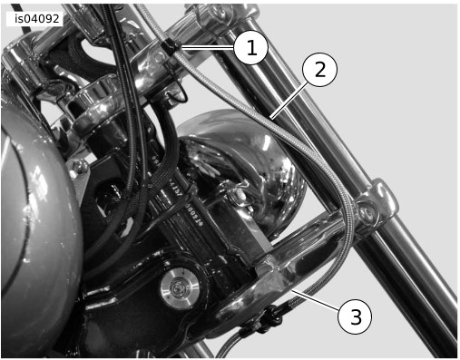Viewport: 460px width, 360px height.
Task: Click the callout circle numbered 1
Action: pos(250,47)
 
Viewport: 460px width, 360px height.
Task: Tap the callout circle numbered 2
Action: pos(319,70)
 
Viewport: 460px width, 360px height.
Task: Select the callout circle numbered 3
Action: pos(355,316)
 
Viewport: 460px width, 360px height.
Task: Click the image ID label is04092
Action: pos(36,19)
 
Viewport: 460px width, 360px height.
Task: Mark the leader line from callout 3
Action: pos(316,300)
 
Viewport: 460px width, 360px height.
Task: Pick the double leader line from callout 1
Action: pos(207,47)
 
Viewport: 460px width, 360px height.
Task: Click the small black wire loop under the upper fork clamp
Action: pos(178,92)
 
